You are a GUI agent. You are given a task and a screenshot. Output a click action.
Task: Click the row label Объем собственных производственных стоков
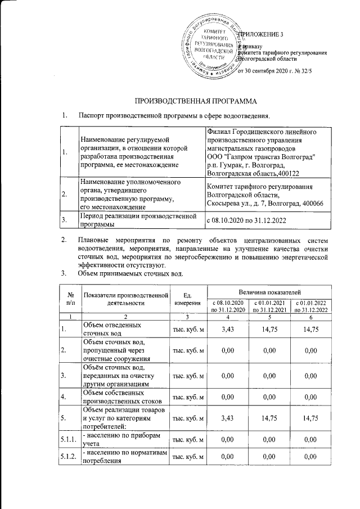coord(121,396)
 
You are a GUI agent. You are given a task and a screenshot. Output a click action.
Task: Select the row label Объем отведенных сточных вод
coord(113,329)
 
